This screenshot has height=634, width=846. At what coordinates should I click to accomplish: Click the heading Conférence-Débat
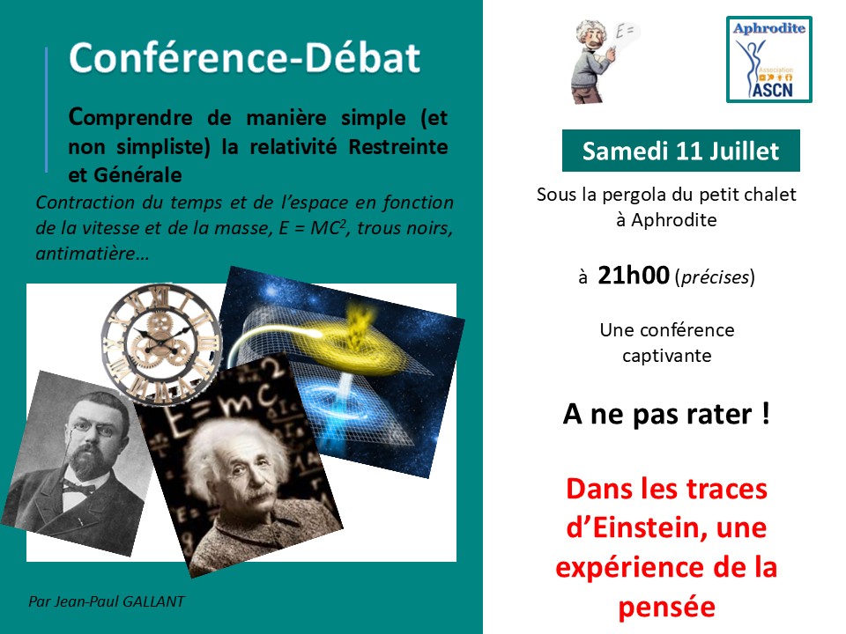(245, 59)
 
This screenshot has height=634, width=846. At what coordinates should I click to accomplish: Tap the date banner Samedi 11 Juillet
(680, 151)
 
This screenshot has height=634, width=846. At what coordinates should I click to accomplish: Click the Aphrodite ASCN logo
(769, 59)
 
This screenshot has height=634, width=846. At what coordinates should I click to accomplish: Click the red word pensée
(666, 607)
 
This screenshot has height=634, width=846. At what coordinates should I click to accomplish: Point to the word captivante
(666, 357)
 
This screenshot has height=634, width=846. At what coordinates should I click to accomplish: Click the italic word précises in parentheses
(715, 278)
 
